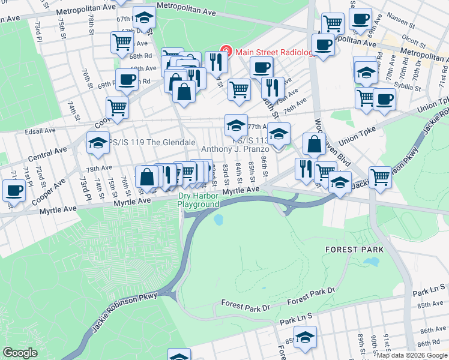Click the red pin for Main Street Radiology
pyautogui.click(x=226, y=52)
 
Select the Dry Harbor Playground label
pyautogui.click(x=198, y=200)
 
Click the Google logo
pyautogui.click(x=20, y=353)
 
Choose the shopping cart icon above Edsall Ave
pyautogui.click(x=116, y=107)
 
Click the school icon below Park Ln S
pyautogui.click(x=306, y=338)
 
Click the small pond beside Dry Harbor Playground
pyautogui.click(x=218, y=220)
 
